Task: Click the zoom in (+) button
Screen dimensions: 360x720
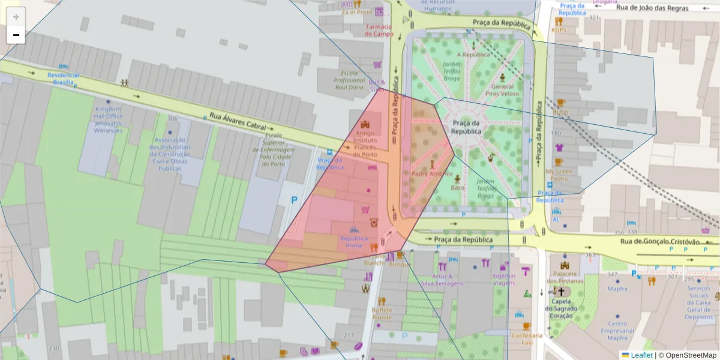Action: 16,17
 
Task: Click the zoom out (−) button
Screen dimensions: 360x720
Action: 16,35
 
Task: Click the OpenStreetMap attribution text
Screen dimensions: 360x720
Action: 687,355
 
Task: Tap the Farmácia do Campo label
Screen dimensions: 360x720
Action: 378,31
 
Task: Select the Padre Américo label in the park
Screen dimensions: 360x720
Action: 431,173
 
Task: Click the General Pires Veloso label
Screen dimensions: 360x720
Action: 501,90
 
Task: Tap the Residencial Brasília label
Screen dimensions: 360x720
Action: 63,78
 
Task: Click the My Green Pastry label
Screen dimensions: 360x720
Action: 559,175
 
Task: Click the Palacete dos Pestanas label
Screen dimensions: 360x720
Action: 565,277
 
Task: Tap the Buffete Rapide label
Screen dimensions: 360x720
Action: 382,314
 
